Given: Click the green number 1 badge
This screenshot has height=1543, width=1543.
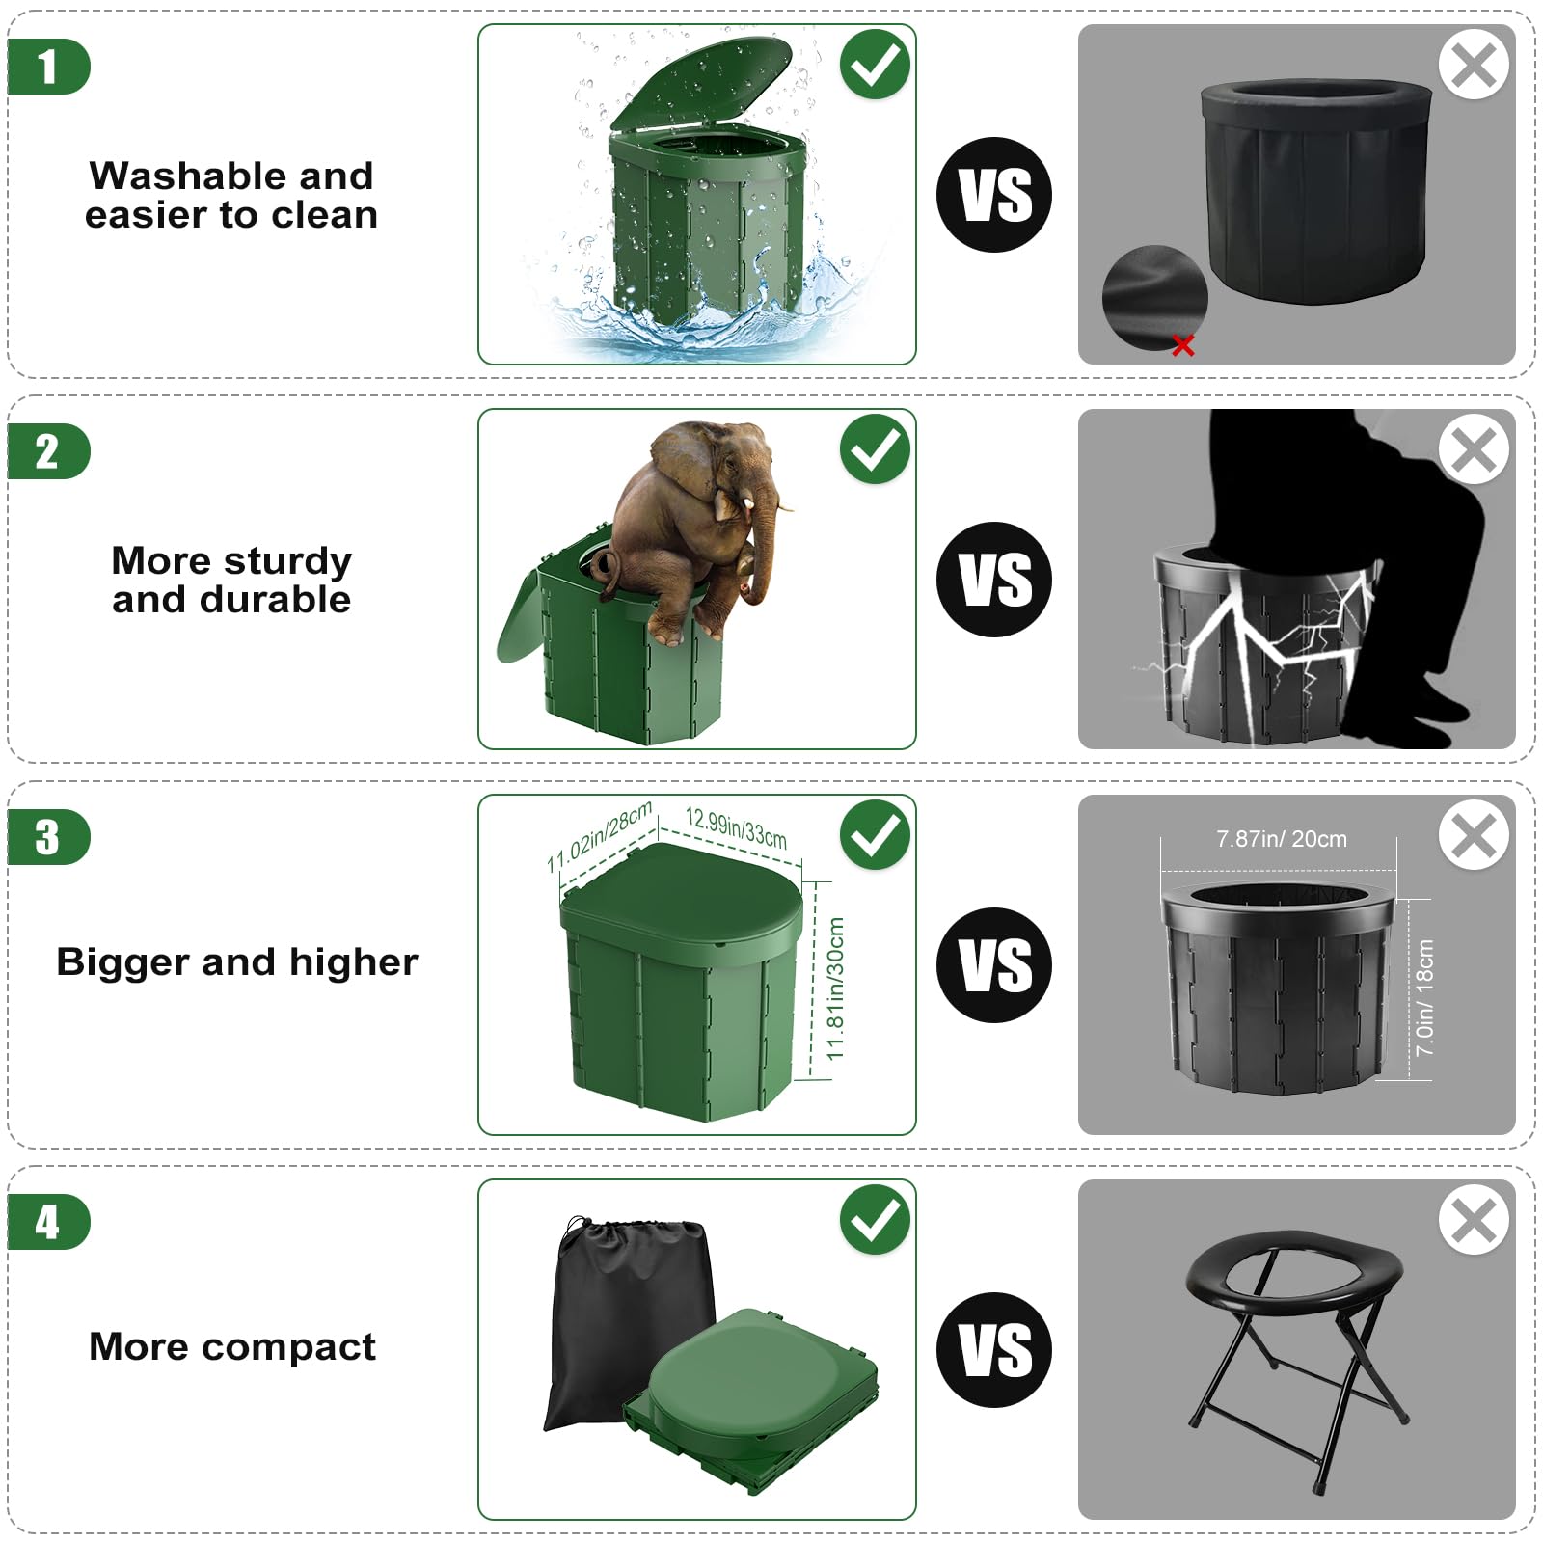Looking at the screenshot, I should [x=48, y=67].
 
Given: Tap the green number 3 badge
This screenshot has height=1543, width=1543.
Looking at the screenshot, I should [x=48, y=837].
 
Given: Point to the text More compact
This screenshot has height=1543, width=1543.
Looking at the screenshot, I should [x=232, y=1346].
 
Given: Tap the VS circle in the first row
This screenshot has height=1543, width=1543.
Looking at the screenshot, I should [x=994, y=195].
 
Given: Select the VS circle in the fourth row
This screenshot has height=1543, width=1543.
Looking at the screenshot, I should [x=994, y=1349].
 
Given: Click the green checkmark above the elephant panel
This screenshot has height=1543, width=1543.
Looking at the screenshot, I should [x=875, y=449].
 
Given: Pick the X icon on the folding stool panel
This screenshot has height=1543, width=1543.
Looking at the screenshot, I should [x=1474, y=1220].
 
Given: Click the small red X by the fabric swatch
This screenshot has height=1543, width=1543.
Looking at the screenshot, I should [x=1183, y=345].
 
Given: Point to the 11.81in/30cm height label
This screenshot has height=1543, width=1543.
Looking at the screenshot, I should [x=835, y=988].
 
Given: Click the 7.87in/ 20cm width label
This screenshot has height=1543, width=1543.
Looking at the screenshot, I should [x=1282, y=839].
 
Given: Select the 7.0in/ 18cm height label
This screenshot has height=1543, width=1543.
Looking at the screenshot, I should [x=1425, y=997].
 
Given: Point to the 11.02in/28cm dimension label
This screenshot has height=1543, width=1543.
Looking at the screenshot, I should [x=599, y=836].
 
